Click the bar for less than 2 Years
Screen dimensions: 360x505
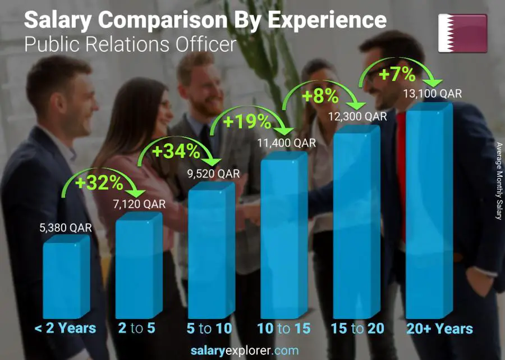point(66,278)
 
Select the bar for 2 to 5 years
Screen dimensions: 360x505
point(138,268)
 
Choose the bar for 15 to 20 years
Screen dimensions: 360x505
point(356,225)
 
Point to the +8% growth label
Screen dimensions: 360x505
point(320,96)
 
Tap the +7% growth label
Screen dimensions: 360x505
point(399,74)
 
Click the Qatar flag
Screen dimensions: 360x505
point(462,33)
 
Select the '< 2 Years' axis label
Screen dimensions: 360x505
point(65,329)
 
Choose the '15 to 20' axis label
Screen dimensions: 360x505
point(357,329)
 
